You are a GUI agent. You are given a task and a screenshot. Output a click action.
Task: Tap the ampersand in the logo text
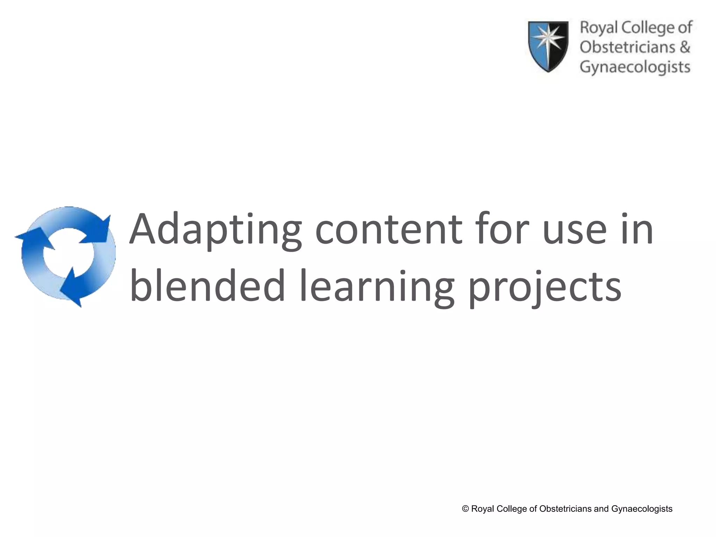(x=685, y=47)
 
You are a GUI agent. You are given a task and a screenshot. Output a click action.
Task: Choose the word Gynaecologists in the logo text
(x=635, y=67)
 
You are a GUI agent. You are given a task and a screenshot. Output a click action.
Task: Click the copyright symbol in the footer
(x=465, y=509)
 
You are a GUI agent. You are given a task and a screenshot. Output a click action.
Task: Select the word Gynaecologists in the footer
(x=642, y=509)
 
